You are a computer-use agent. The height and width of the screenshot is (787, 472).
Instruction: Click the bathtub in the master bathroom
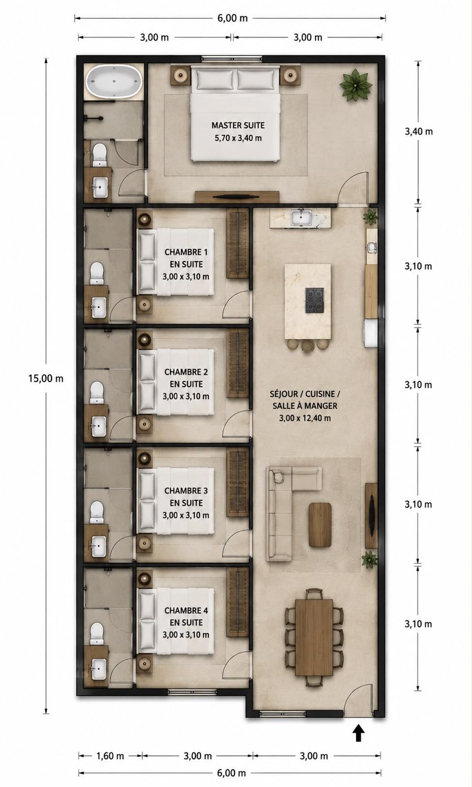point(115,81)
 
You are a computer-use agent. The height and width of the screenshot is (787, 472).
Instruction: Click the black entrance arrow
point(358,732)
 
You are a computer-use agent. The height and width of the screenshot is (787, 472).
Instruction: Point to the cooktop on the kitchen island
point(314,300)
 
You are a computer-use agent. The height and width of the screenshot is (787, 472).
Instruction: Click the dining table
point(314,637)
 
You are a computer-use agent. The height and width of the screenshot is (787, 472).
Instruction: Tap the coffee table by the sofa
point(320,524)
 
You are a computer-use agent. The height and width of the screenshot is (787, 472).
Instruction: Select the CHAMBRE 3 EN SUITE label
point(186,503)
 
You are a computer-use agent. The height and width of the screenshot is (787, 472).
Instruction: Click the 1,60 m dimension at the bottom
point(110,754)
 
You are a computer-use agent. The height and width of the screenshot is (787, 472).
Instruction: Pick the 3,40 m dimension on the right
point(418,132)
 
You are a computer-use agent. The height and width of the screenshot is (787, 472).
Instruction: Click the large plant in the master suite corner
point(355,84)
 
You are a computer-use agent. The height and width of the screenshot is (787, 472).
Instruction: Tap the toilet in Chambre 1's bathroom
point(97,273)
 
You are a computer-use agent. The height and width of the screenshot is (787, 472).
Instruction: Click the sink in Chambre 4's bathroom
point(99,669)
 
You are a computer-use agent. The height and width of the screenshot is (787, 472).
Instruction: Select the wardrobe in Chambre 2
point(238,363)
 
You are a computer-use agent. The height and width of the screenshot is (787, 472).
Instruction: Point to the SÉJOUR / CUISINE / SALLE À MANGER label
point(305,406)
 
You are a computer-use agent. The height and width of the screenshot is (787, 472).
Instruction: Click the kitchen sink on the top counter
point(301,217)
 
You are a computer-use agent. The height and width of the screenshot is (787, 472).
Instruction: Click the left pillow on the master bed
point(214,79)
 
